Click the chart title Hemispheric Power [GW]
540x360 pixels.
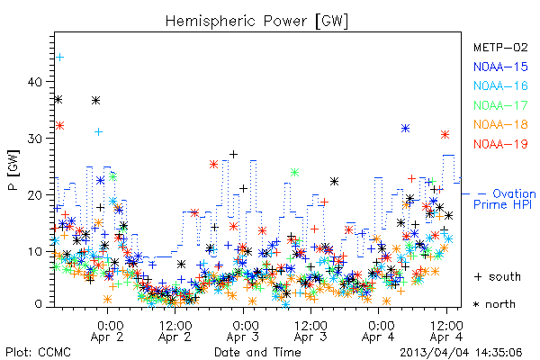[256, 22]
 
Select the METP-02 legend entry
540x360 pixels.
[500, 48]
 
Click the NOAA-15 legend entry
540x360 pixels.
[500, 67]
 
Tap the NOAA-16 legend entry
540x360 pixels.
[500, 85]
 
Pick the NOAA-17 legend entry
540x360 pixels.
[500, 105]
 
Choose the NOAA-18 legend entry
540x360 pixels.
[500, 124]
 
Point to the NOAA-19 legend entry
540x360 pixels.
[500, 144]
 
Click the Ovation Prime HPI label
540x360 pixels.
[505, 199]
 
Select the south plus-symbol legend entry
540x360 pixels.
[498, 276]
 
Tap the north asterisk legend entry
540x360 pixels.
[494, 304]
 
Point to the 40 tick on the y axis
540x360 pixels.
[34, 82]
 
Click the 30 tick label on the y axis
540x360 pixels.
[34, 139]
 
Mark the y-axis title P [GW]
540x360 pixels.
[13, 170]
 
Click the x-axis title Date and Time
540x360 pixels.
[257, 352]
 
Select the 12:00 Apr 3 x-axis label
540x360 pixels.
[310, 331]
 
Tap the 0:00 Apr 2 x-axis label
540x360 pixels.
[107, 331]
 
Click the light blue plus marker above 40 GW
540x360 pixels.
[60, 57]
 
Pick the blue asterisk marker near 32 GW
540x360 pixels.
[405, 129]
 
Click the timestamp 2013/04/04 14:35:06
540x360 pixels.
[461, 353]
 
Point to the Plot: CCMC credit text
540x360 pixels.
[38, 353]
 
